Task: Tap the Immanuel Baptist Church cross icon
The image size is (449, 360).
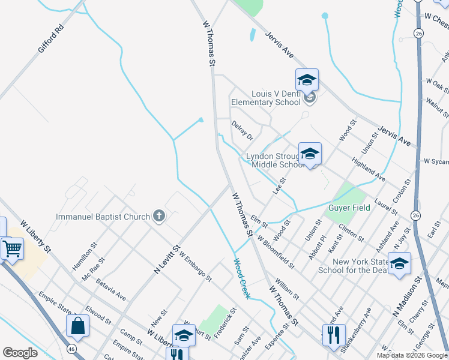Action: [159, 216]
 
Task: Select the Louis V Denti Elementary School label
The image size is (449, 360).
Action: [266, 98]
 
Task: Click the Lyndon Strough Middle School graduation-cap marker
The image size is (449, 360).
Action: [310, 154]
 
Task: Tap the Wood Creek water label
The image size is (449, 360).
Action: [241, 275]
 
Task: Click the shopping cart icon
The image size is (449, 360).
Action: [12, 247]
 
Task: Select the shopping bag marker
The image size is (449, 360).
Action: [78, 326]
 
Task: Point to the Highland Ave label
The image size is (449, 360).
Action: [369, 170]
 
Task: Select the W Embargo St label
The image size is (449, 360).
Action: [195, 268]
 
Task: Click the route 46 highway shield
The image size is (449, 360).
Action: [72, 347]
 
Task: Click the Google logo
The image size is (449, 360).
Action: [20, 353]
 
